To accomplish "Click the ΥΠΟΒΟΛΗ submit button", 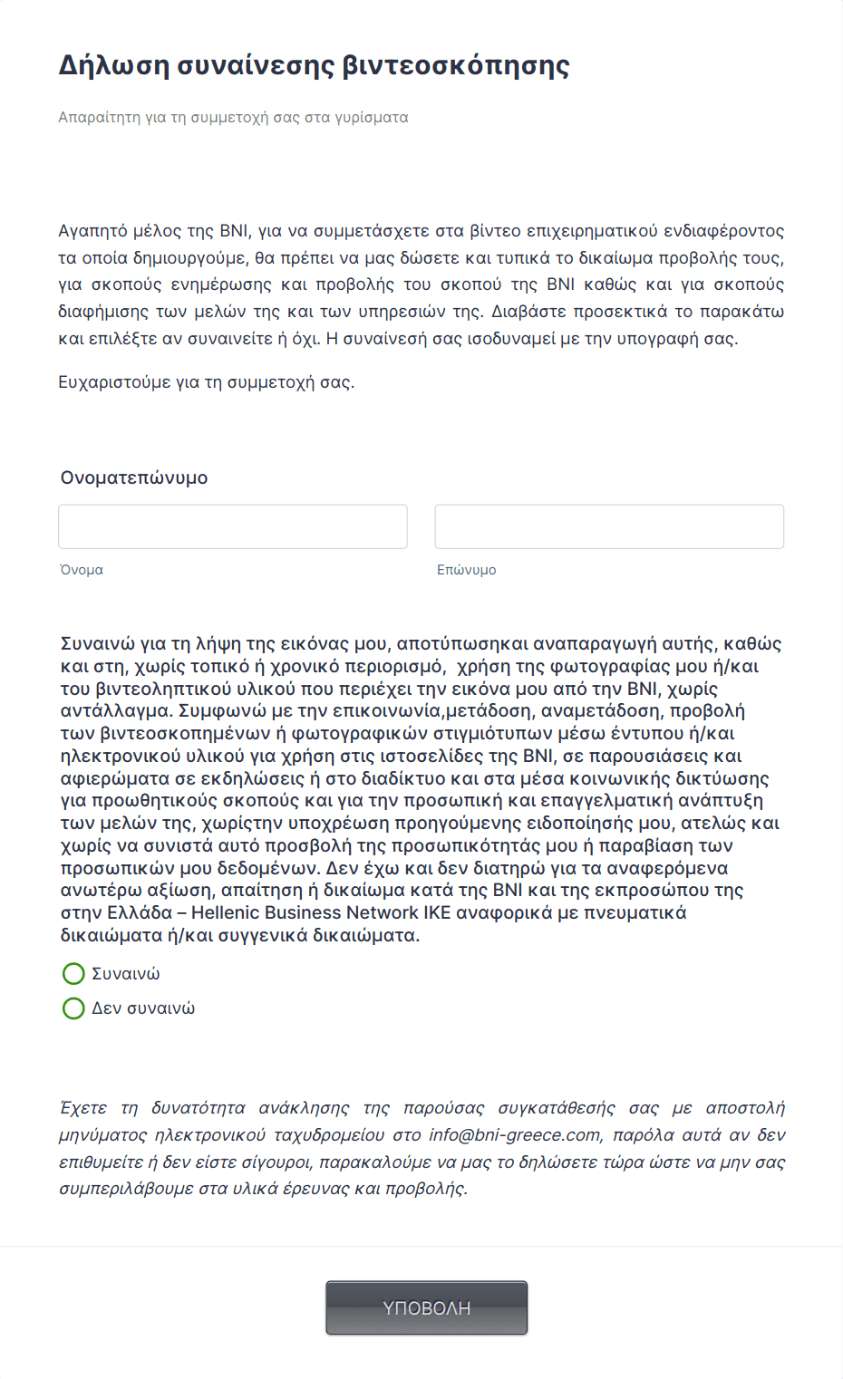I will pos(426,1307).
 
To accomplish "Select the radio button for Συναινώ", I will pos(73,974).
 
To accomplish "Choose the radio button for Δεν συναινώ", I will pos(73,1008).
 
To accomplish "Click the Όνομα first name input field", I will pos(232,526).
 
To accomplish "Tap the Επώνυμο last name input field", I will pos(609,526).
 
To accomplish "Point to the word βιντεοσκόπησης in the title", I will pos(456,65).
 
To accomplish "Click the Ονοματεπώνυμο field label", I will pos(134,477).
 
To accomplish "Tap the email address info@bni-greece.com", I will pos(515,1135).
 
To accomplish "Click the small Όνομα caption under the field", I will pos(82,570).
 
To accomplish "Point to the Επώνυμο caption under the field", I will pos(466,570).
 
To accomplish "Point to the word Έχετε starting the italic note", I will pos(82,1108).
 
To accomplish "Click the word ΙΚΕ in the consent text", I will pos(438,913).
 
